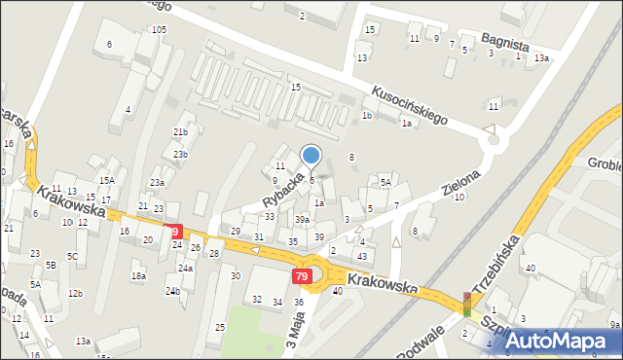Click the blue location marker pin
311,155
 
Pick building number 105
159,30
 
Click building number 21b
180,131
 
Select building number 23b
180,154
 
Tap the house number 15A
106,180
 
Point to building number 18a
138,276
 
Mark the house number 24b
172,291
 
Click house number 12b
76,293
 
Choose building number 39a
303,220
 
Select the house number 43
362,255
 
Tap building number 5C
72,256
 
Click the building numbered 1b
367,115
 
